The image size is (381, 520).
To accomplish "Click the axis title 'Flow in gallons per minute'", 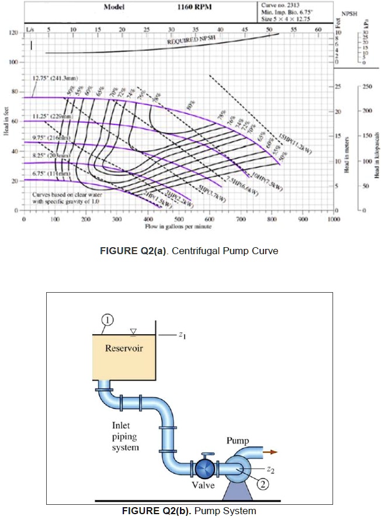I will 178,226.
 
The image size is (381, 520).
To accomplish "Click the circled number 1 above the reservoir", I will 109,318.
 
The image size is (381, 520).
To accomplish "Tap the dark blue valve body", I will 204,468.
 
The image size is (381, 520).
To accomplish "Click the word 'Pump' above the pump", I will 238,441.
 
